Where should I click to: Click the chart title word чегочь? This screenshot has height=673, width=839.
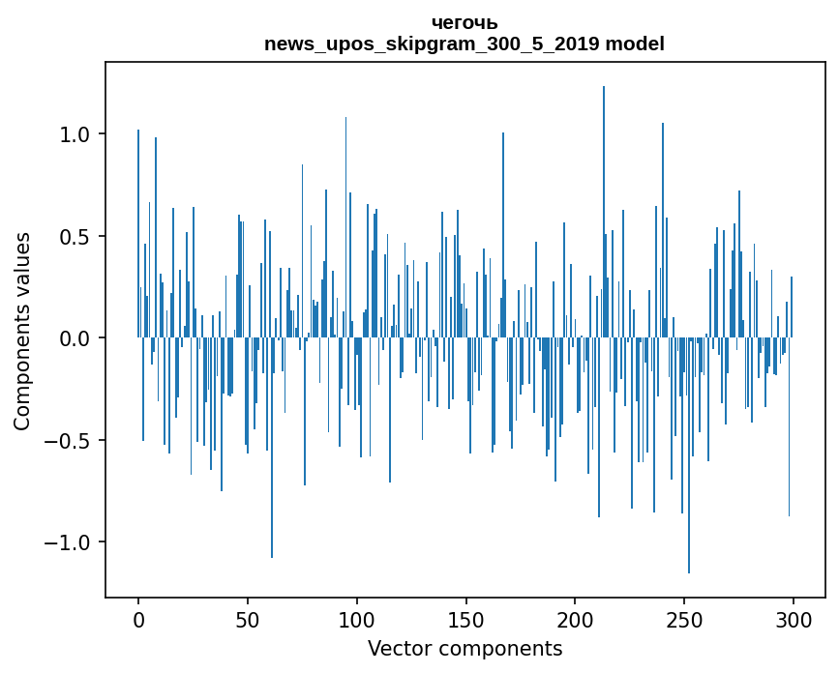point(464,23)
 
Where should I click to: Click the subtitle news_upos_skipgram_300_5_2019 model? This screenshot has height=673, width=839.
point(464,44)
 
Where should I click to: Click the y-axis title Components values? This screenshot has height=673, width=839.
point(22,331)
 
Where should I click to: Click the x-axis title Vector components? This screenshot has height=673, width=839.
point(464,649)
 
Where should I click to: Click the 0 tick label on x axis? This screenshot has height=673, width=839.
point(138,620)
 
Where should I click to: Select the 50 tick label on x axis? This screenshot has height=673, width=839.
point(248,620)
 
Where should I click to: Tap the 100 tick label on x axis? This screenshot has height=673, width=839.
point(357,620)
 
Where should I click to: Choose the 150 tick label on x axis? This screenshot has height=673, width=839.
point(465,620)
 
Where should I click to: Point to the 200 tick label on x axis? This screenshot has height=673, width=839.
point(575,620)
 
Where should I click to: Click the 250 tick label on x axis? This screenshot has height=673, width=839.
point(684,620)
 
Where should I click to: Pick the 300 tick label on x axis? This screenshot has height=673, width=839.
point(794,620)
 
